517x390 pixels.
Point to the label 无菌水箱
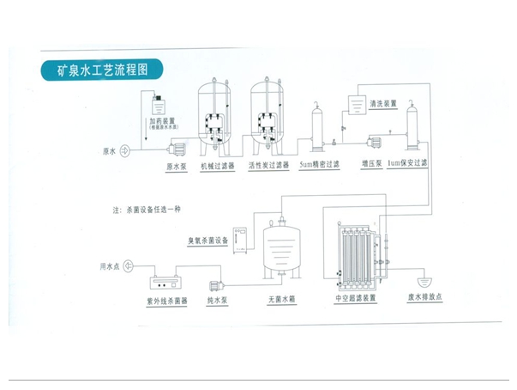(x=282, y=300)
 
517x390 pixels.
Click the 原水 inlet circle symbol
(x=124, y=152)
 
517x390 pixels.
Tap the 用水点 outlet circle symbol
(x=126, y=268)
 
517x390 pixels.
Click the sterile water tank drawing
(x=281, y=250)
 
